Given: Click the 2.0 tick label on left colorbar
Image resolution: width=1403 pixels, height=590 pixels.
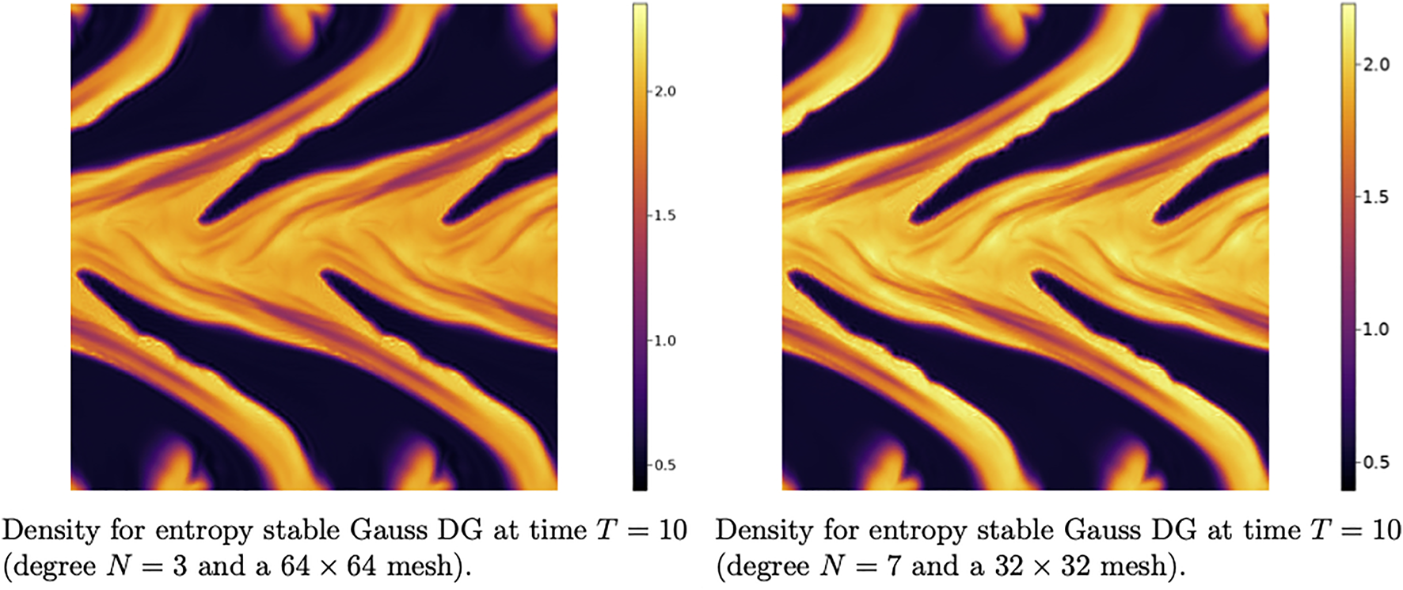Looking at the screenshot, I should coord(665,91).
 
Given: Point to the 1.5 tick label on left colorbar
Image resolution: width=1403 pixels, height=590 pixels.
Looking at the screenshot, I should coord(665,215).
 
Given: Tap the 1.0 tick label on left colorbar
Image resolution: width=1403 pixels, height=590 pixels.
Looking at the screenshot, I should coord(665,341).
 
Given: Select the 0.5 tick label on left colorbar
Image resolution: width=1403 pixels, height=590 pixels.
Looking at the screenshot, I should coord(665,465).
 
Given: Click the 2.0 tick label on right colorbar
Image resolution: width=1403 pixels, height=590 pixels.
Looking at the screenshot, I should coord(1376,64).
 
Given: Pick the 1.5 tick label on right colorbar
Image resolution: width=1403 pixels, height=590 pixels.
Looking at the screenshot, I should coord(1376,196).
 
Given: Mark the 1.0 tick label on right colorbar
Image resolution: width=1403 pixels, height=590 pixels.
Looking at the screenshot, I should coord(1376,329).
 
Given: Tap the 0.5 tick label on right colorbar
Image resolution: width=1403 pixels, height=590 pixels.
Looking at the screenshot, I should coord(1376,462).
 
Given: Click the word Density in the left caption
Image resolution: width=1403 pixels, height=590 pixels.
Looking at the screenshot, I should coord(51,530).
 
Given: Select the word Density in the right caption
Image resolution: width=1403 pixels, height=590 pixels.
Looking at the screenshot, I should coord(765,530).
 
